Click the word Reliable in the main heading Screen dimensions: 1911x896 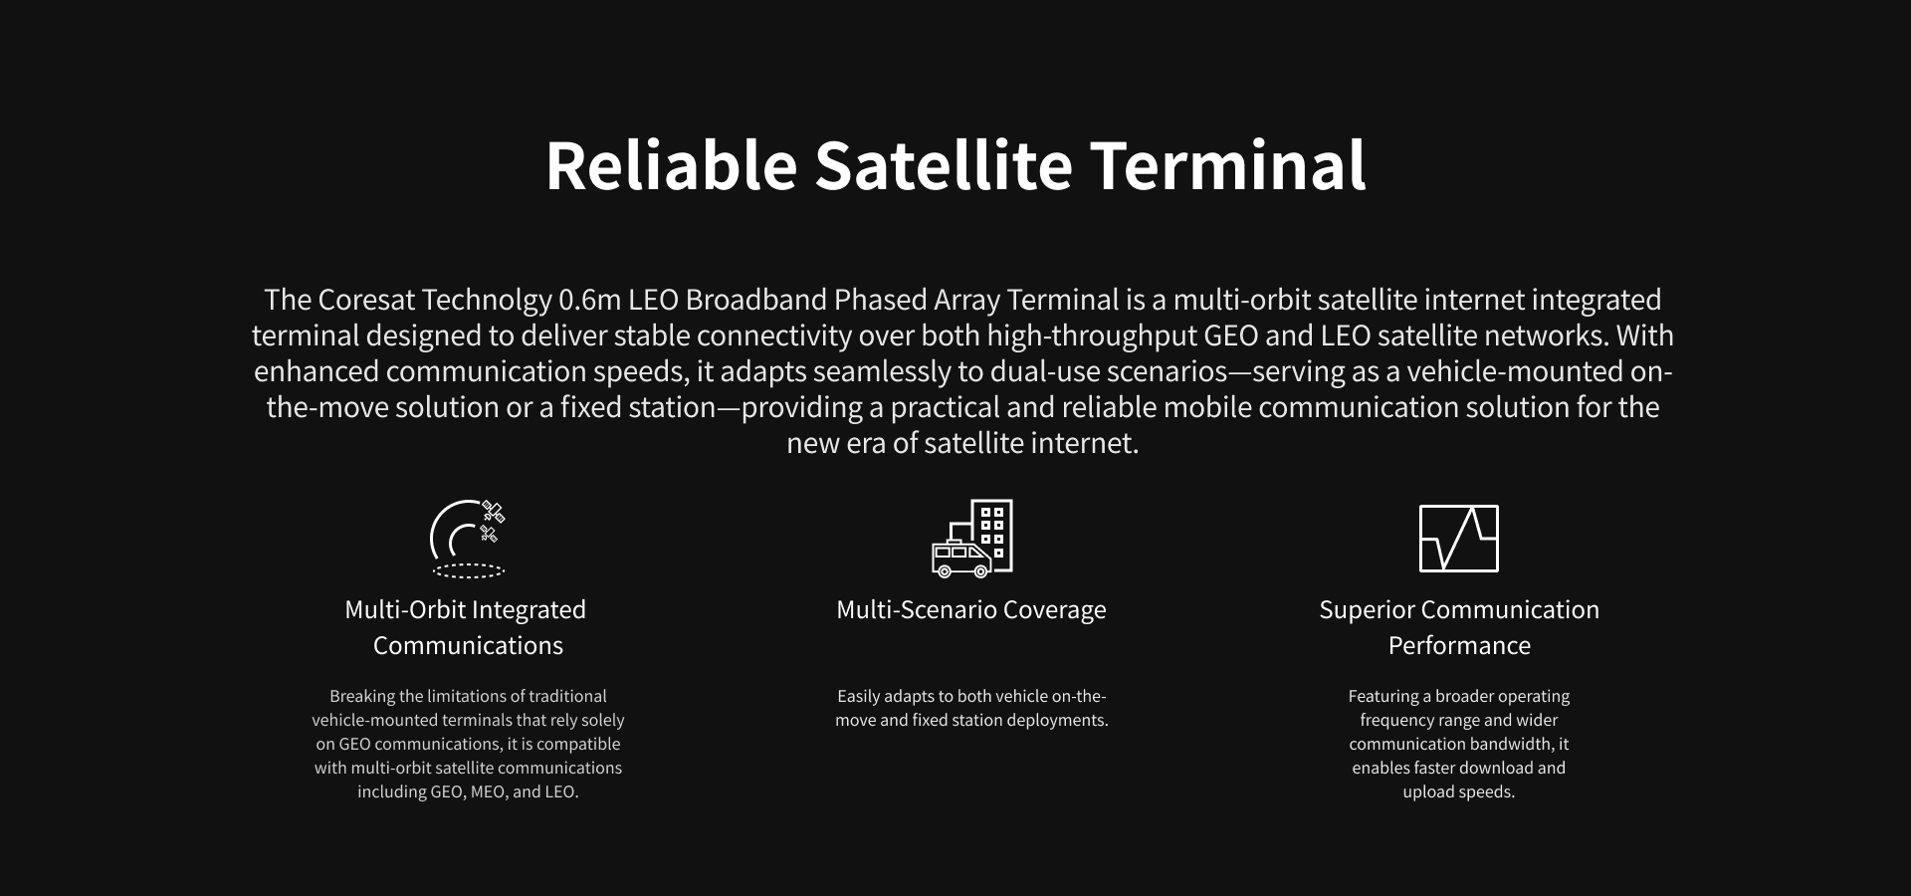(x=671, y=165)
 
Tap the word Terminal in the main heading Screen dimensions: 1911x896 (x=1228, y=165)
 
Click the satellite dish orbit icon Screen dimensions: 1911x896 (x=468, y=539)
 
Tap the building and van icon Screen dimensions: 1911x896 (x=972, y=538)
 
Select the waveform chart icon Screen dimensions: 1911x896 (x=1459, y=539)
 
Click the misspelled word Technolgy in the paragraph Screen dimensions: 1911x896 (x=487, y=300)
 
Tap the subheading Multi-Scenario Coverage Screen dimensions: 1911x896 (x=971, y=609)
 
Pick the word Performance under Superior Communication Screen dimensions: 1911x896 (x=1459, y=645)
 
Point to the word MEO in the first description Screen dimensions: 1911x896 (x=488, y=792)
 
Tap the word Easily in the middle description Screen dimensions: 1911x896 (x=858, y=696)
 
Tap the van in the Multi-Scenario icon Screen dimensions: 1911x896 (x=961, y=559)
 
